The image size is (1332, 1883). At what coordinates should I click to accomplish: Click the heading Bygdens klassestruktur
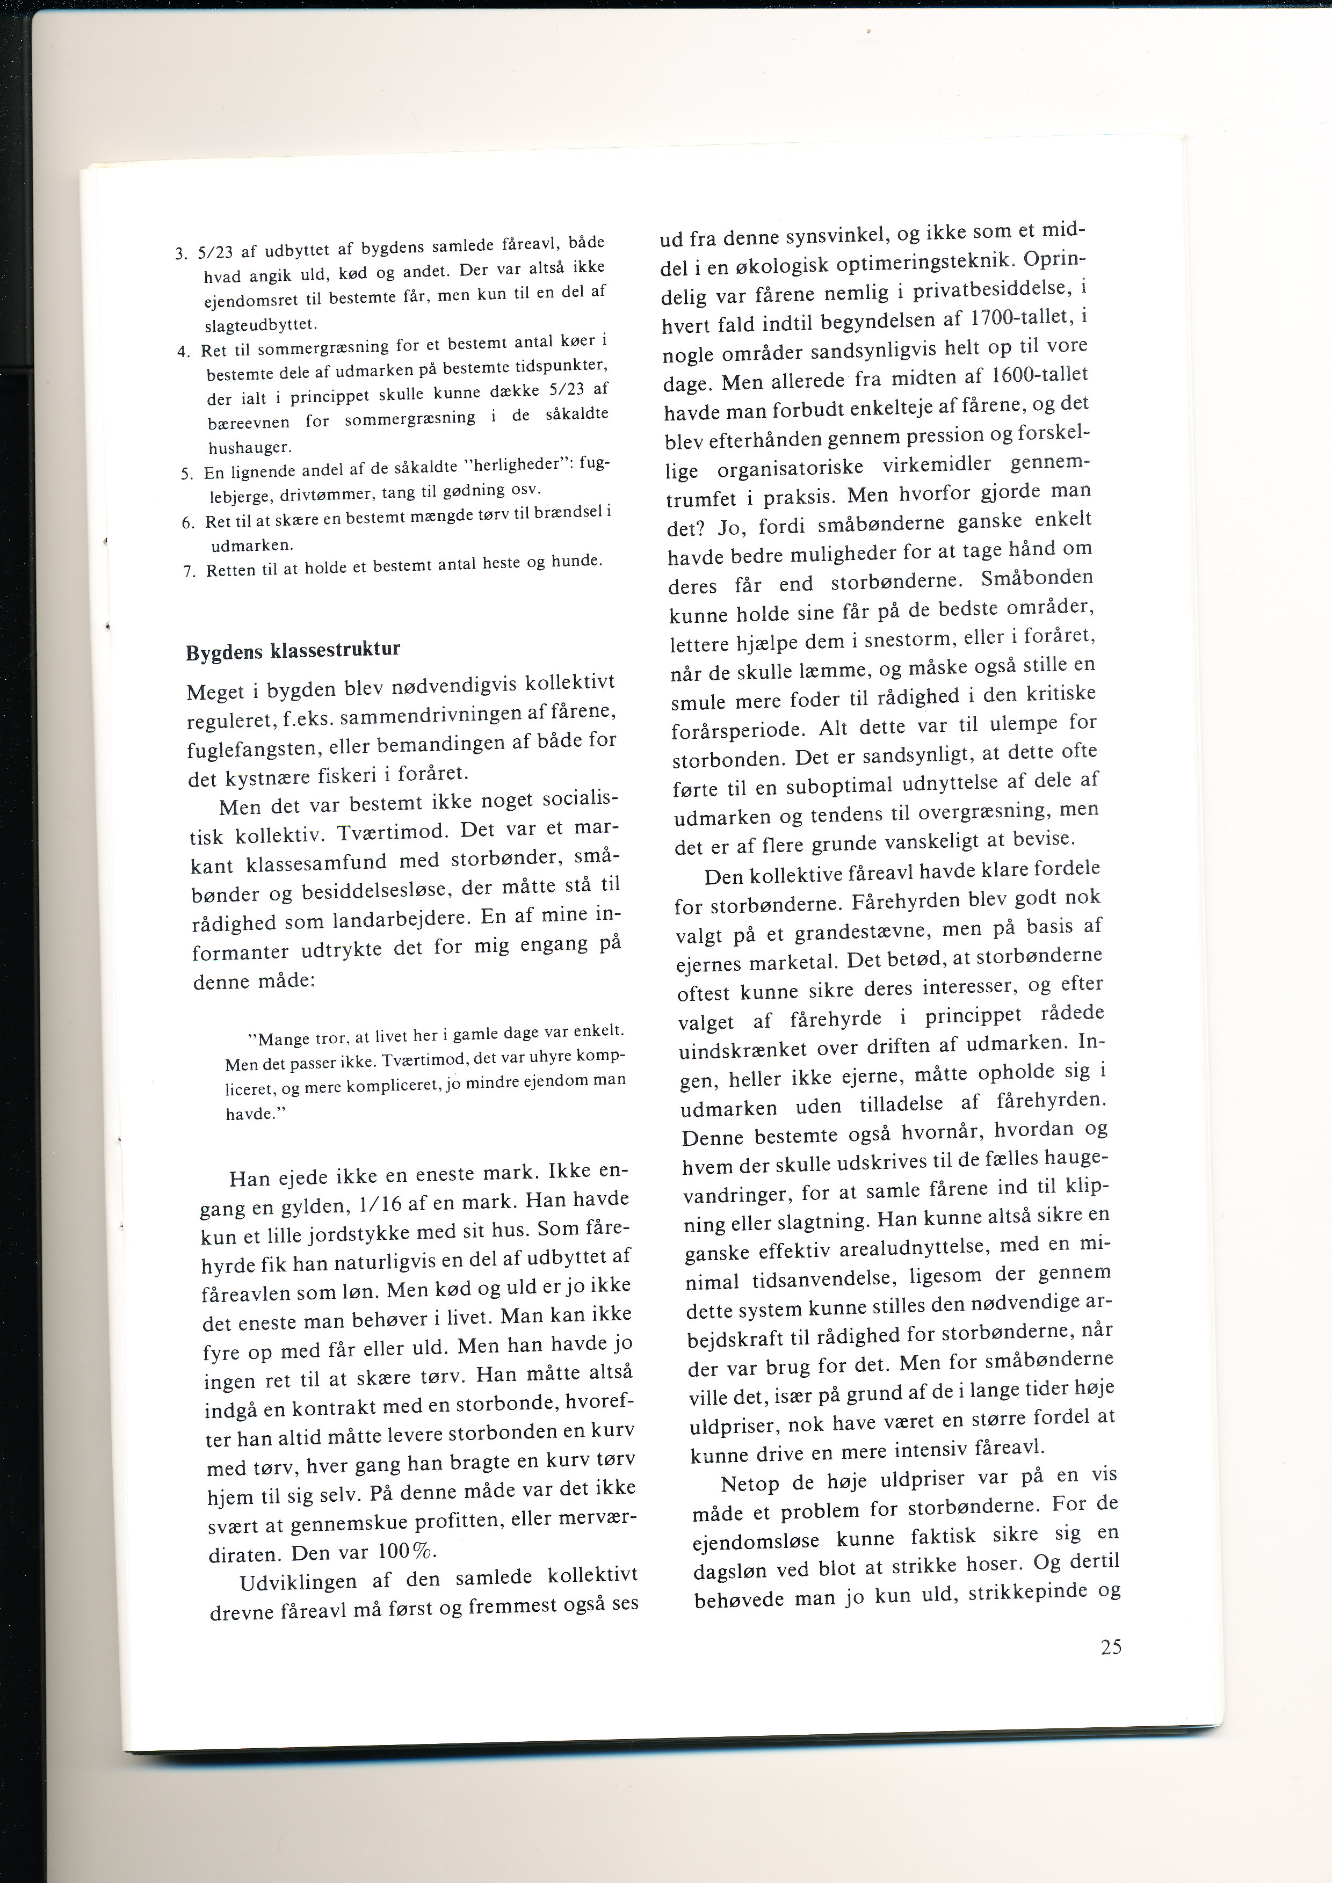pos(293,651)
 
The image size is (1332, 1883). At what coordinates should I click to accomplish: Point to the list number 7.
pos(188,572)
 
